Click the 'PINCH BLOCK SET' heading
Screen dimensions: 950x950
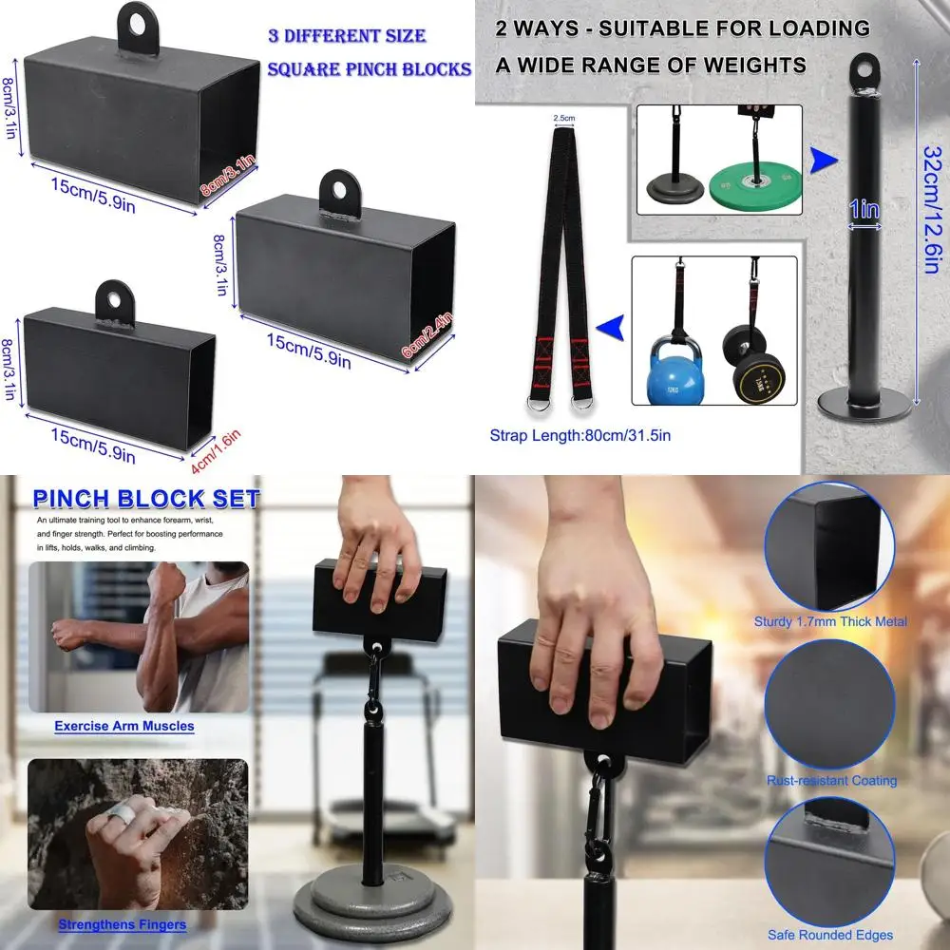tap(145, 499)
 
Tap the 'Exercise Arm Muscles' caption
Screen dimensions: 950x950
tap(123, 726)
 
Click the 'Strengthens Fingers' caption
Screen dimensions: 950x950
tap(122, 923)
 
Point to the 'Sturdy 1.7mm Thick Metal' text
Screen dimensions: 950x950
tap(830, 622)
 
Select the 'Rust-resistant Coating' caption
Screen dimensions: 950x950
tap(831, 781)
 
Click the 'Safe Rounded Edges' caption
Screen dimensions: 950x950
tap(831, 935)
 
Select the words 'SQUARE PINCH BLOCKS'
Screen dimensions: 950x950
tap(370, 69)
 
